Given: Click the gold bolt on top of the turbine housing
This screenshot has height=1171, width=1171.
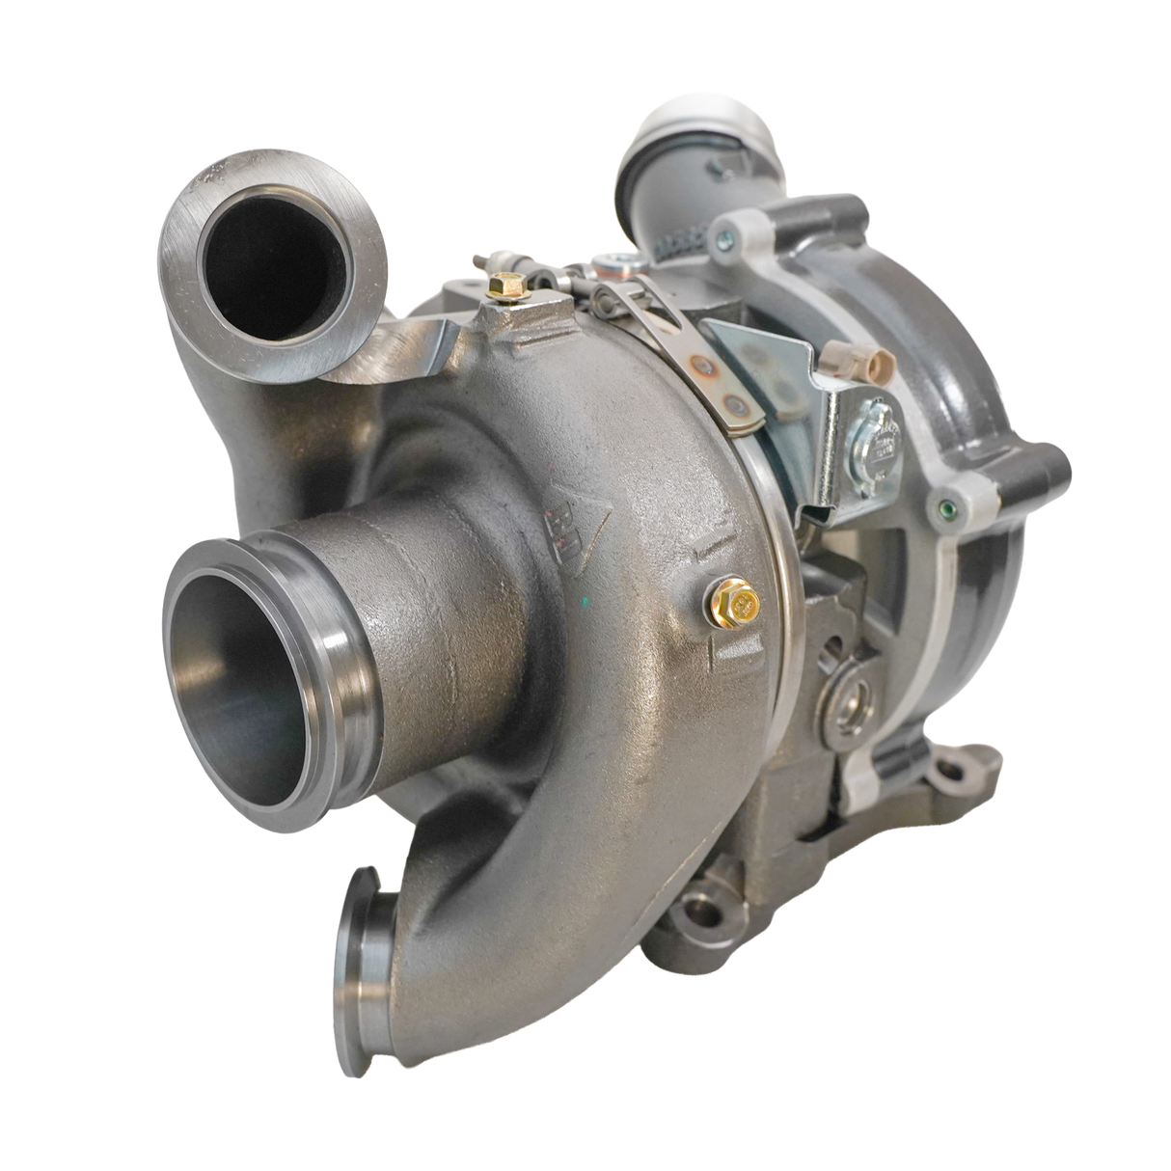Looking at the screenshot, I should tap(502, 286).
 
